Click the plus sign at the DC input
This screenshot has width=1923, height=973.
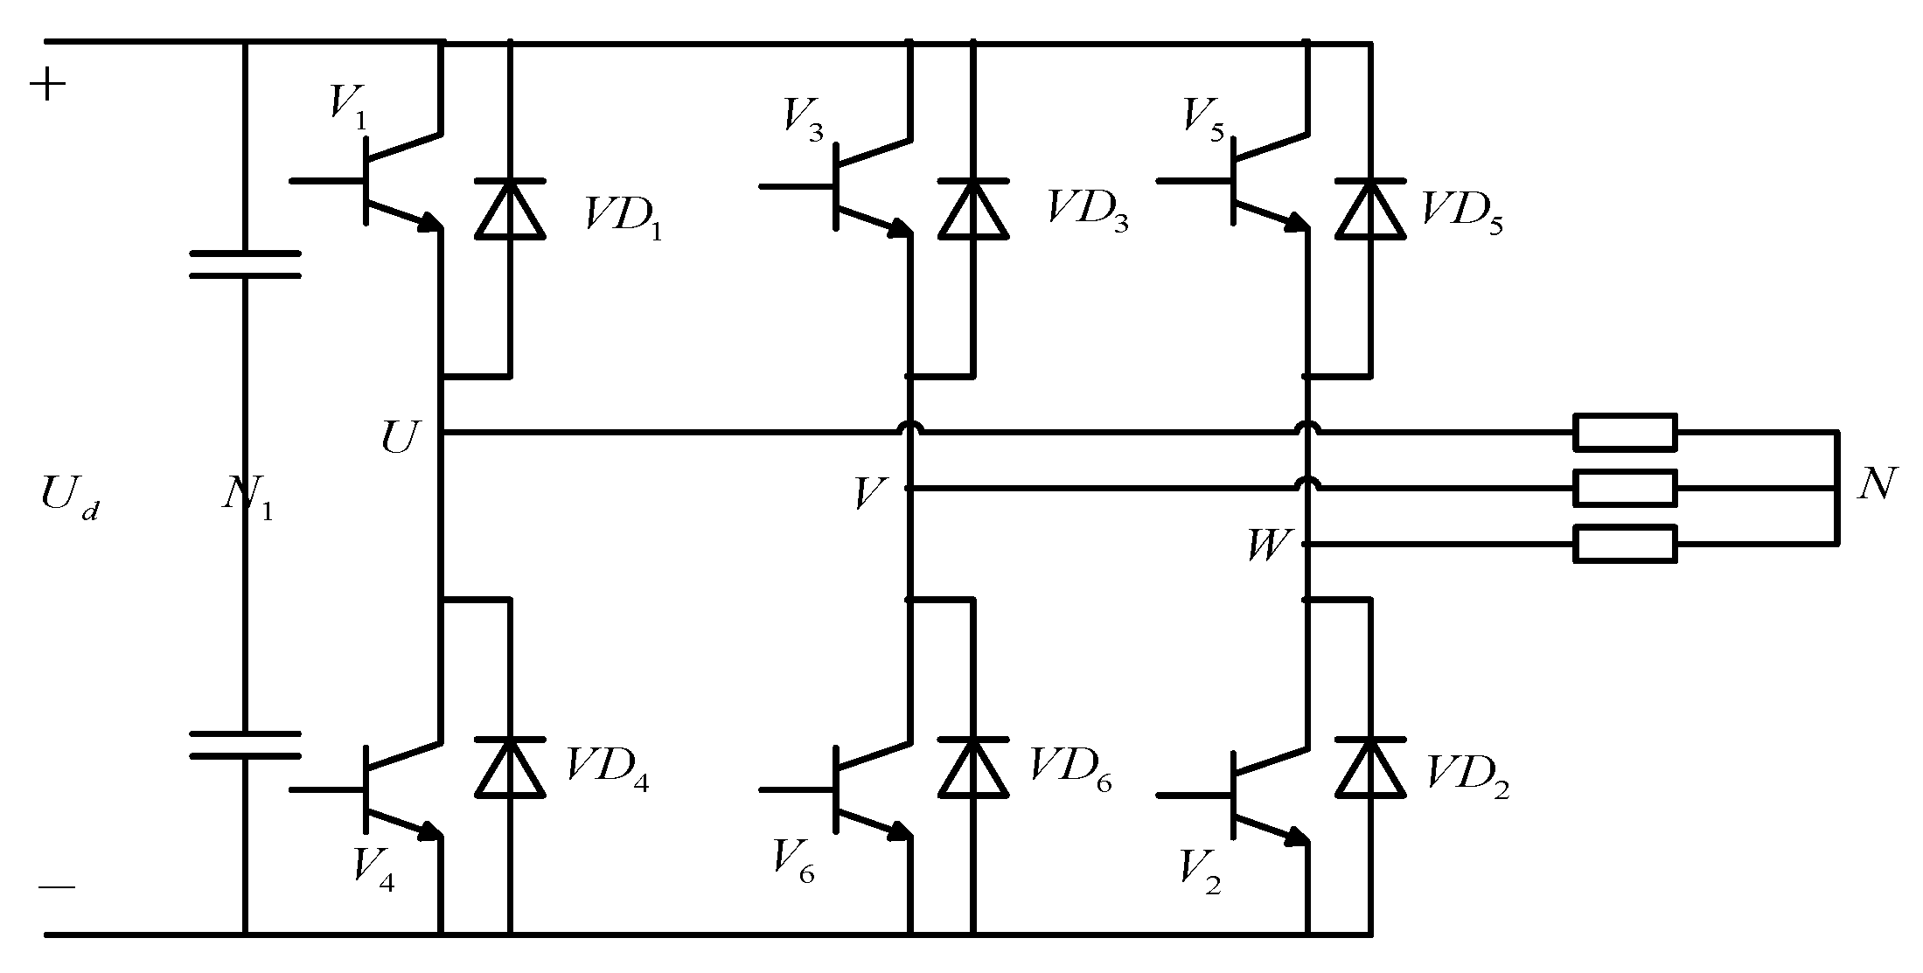click(48, 86)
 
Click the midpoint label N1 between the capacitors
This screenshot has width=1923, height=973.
click(247, 499)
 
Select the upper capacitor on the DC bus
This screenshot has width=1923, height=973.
click(245, 264)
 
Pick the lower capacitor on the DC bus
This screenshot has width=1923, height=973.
click(245, 745)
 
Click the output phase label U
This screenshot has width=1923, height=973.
click(400, 436)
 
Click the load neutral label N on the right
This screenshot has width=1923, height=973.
click(1876, 484)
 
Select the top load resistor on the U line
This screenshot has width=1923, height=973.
click(1625, 432)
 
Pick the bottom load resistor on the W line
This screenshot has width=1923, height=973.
click(1625, 544)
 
